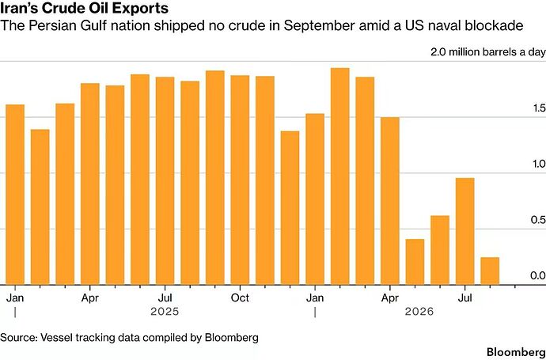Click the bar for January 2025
(15, 195)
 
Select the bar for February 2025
(40, 207)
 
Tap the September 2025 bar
(215, 177)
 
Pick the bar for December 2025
(290, 208)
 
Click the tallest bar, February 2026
(339, 176)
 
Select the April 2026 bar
(390, 201)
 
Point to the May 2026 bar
(415, 262)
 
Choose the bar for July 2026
(464, 231)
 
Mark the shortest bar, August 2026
(490, 271)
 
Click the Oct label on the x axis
(240, 298)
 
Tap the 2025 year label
(165, 311)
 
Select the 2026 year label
(419, 311)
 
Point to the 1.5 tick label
(539, 108)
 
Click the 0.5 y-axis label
(538, 220)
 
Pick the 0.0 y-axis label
(538, 276)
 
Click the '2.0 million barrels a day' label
(487, 52)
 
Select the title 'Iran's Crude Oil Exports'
(84, 9)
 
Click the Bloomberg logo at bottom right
(516, 351)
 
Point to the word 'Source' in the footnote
(18, 337)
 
